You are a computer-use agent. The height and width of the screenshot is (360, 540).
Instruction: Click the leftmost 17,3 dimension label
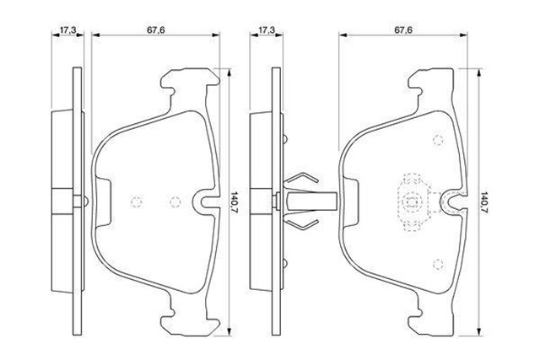tap(67, 30)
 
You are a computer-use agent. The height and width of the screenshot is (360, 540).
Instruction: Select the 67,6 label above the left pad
tap(155, 30)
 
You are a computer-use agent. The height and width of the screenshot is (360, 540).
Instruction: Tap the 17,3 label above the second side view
tap(267, 30)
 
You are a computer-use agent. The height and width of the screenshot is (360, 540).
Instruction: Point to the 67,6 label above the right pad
tap(403, 30)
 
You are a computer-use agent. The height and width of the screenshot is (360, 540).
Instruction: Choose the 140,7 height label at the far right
tap(483, 202)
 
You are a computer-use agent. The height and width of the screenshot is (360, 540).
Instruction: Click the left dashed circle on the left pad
tap(137, 202)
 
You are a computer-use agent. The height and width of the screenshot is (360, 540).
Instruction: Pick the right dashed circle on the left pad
tap(175, 202)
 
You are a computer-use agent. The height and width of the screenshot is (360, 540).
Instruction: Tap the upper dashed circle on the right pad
tap(438, 140)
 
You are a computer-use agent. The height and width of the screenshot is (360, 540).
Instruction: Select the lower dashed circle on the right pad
tap(438, 264)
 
